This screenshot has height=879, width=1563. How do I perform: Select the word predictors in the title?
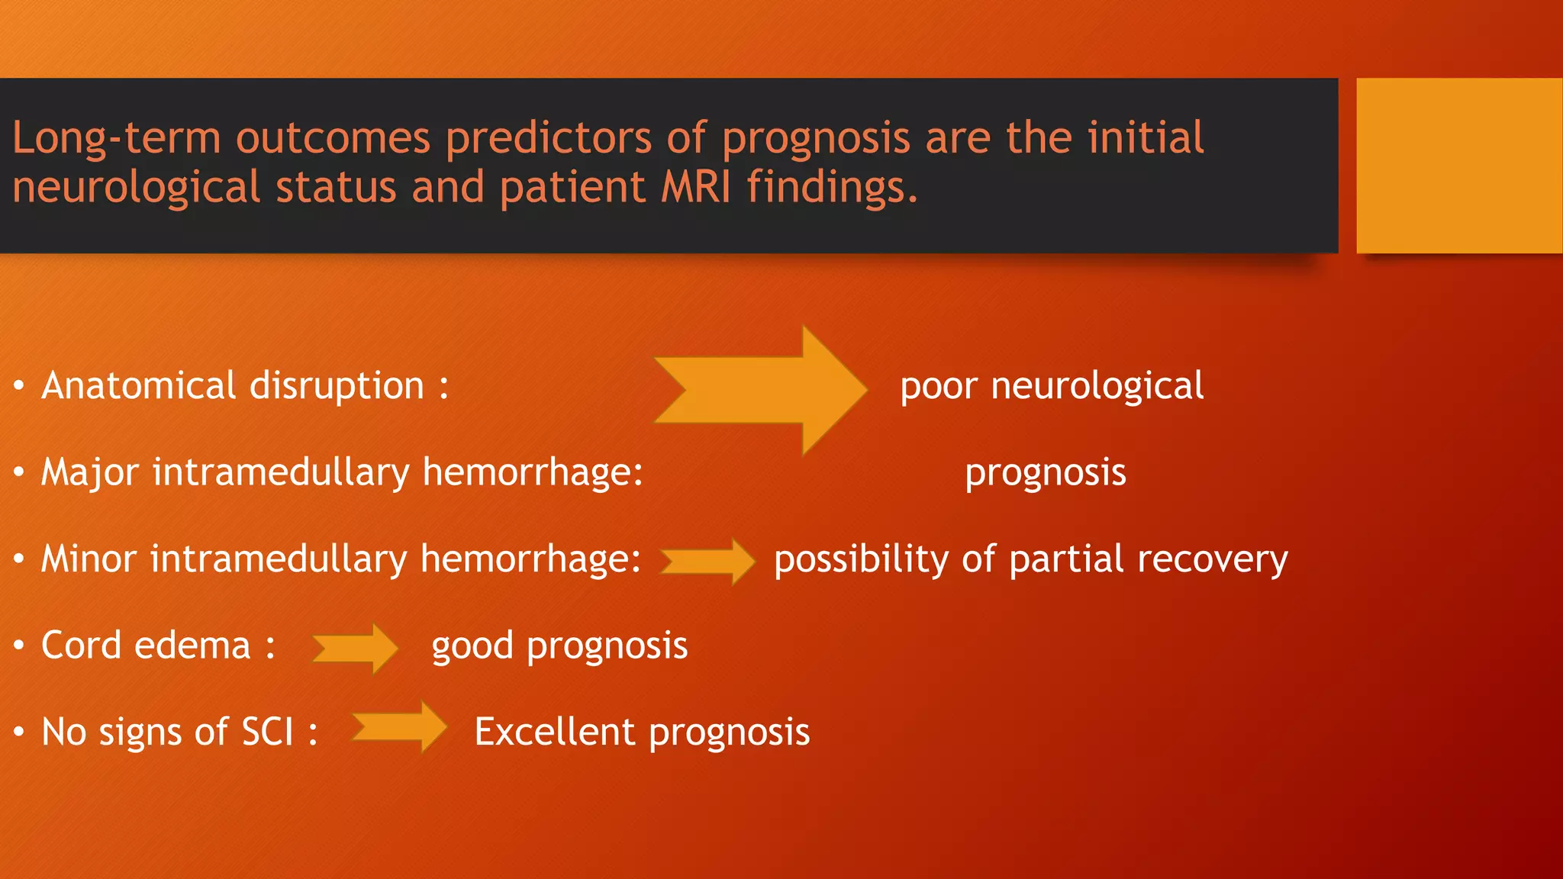[548, 139]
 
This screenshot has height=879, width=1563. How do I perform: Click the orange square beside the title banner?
[1458, 166]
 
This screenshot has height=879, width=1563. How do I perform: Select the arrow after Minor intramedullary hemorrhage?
[707, 562]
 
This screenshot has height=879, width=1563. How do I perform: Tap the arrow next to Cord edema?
[356, 648]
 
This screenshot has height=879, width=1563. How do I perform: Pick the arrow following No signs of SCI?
[399, 726]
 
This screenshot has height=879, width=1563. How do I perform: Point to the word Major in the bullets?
[89, 472]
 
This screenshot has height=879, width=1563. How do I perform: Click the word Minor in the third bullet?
[89, 559]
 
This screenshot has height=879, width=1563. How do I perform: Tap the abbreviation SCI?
[267, 732]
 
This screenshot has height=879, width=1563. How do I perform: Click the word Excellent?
[555, 732]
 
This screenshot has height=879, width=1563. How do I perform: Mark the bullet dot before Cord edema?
[19, 646]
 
